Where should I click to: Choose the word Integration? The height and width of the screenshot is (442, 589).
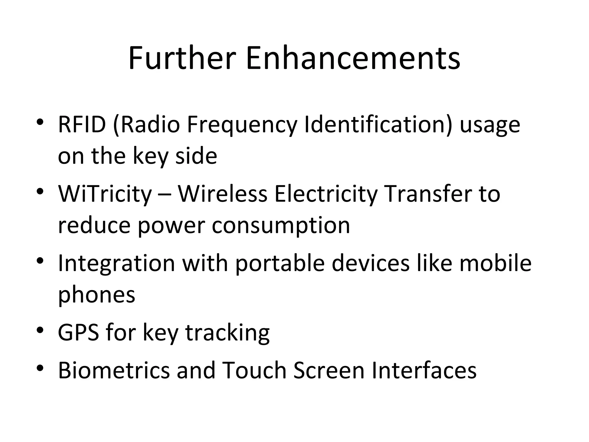coord(116,264)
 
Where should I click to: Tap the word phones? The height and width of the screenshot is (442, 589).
coord(96,296)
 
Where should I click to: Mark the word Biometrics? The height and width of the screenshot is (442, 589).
coord(114,370)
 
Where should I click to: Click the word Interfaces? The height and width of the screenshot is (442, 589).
coord(424,370)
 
